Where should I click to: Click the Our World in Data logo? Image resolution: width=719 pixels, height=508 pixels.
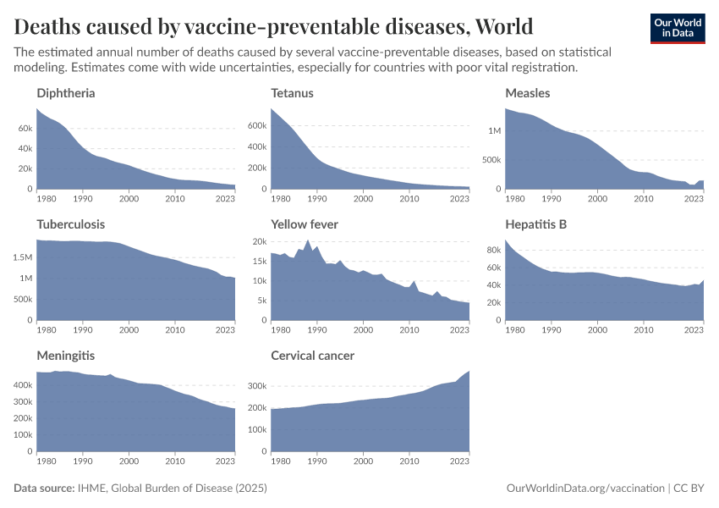(x=677, y=27)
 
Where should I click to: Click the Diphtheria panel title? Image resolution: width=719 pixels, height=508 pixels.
(x=66, y=92)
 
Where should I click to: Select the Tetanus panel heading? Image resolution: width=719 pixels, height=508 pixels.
(x=292, y=92)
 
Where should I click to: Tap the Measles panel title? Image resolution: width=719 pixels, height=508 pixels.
(x=527, y=92)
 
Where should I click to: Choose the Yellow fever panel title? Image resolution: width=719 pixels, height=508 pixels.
(x=305, y=224)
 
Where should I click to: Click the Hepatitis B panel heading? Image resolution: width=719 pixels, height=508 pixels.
(x=535, y=224)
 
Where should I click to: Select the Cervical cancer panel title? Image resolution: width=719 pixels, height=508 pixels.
(x=312, y=356)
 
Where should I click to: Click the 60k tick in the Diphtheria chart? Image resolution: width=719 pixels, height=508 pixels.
(x=24, y=128)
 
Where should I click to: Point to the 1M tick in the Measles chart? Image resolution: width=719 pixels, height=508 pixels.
(x=494, y=130)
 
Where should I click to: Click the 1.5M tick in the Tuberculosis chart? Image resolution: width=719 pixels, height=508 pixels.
(x=23, y=257)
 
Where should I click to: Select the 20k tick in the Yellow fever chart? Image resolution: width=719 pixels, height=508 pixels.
(x=259, y=241)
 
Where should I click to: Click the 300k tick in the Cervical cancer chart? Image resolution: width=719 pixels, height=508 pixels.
(x=257, y=385)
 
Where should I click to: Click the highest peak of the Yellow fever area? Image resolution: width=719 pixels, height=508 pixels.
(x=308, y=240)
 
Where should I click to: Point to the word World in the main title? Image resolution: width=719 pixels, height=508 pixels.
(x=505, y=25)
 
